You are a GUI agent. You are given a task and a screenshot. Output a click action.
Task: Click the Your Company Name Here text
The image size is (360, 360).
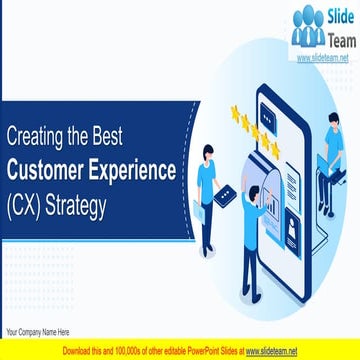pyautogui.click(x=37, y=332)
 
